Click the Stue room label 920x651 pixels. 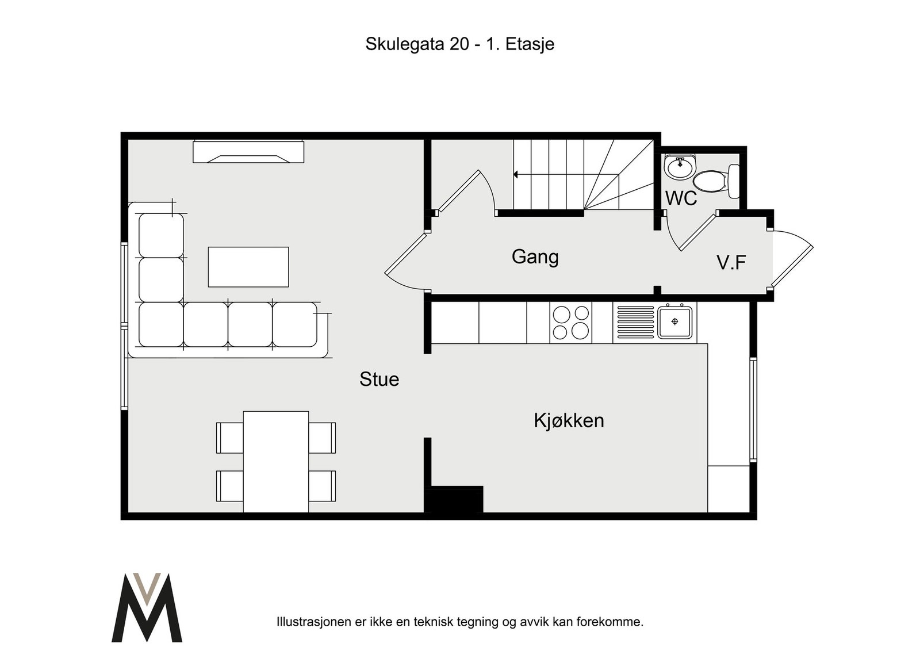[379, 379]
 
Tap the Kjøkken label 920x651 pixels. [569, 420]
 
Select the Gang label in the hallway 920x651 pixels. [535, 257]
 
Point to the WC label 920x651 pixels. [681, 198]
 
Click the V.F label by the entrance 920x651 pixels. [731, 263]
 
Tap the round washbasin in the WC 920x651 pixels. [680, 167]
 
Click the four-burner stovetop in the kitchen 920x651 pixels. [571, 323]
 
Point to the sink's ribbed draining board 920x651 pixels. [635, 323]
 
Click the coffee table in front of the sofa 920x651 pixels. [248, 267]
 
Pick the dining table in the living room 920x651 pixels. [275, 462]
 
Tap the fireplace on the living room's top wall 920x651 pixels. [248, 152]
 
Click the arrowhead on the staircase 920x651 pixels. [516, 175]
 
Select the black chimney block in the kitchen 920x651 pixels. [454, 499]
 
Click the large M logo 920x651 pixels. [147, 607]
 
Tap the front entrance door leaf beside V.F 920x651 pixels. [792, 266]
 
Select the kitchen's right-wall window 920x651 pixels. [753, 409]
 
